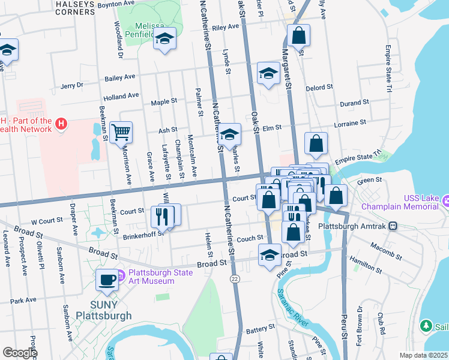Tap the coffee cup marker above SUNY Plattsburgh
[107, 280]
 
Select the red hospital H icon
[60, 125]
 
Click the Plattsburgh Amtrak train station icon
[393, 226]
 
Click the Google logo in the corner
[19, 353]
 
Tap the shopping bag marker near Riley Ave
[298, 35]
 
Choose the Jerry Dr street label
[71, 86]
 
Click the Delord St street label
[321, 87]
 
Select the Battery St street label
[260, 329]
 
